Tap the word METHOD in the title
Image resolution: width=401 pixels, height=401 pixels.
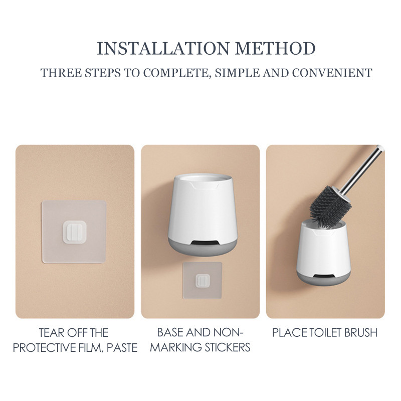275,48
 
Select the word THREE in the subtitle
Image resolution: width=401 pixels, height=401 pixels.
61,73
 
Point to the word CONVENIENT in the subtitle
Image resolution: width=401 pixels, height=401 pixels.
332,73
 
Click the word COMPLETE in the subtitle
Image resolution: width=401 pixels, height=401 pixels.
177,73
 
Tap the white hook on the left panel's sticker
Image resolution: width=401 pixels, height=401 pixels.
74,232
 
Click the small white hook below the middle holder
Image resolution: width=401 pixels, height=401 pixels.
203,281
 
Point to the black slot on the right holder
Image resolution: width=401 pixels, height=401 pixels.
324,276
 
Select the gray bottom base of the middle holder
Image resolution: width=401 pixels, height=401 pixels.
203,247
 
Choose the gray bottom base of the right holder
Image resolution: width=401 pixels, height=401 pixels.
324,279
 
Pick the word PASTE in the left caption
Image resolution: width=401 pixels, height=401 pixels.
122,348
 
